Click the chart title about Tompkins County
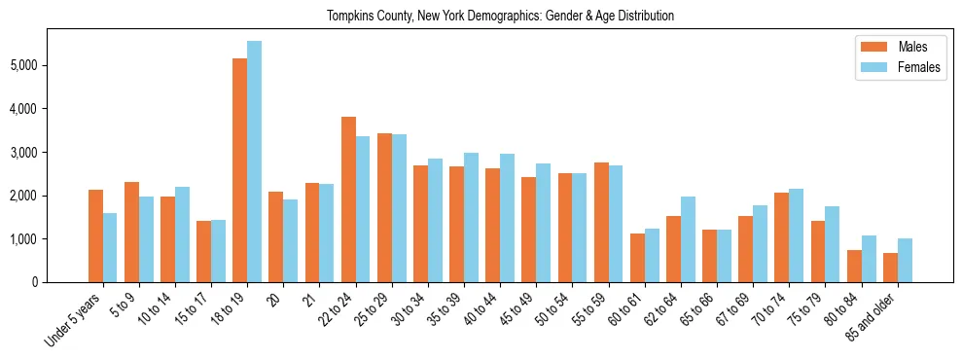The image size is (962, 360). point(501,16)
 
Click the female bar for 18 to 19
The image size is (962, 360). point(254,162)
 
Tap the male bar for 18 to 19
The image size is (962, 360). point(239,170)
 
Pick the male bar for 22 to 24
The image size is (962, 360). point(348,199)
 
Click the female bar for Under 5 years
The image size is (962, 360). point(110,247)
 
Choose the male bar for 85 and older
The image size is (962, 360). point(890,268)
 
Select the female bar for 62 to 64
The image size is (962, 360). point(688,239)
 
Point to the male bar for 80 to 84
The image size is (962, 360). point(854,266)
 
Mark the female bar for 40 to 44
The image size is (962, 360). point(507,218)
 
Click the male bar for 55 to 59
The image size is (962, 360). point(601,222)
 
